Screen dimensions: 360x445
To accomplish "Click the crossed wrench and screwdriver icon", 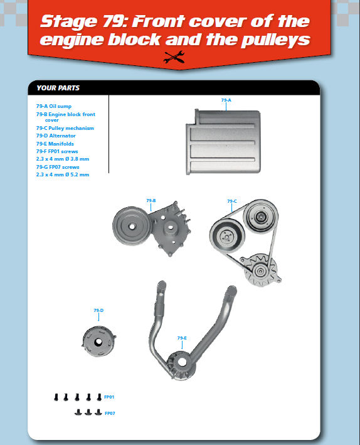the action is [x=174, y=57].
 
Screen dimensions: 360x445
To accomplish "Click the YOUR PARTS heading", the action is [x=58, y=88].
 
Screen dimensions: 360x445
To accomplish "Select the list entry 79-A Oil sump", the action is [x=53, y=106].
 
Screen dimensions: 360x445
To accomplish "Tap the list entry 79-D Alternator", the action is [x=56, y=136].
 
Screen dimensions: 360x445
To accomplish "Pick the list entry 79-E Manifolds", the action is [x=55, y=144].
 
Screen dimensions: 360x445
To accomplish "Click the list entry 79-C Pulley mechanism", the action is [x=65, y=128].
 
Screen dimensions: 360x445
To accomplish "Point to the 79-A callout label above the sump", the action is [x=226, y=100].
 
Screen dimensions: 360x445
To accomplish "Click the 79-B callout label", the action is [x=151, y=201].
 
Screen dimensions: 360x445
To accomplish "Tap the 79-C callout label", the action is [x=232, y=201].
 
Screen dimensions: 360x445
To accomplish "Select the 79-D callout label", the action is [x=98, y=310].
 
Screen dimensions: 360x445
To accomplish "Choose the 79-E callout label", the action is [x=182, y=338].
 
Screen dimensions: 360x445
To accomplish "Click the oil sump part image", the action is [x=223, y=142].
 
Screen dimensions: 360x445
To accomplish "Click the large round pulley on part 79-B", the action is [x=132, y=226].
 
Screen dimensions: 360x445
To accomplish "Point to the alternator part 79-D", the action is [x=98, y=341].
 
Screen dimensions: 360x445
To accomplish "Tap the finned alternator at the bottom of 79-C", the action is [x=260, y=270].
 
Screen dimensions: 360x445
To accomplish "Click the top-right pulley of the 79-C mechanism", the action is [x=261, y=217].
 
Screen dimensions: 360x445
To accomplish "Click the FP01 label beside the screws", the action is [x=109, y=397].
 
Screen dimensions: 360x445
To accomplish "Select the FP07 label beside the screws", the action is [x=110, y=413].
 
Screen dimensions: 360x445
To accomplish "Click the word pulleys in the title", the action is [x=275, y=40].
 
